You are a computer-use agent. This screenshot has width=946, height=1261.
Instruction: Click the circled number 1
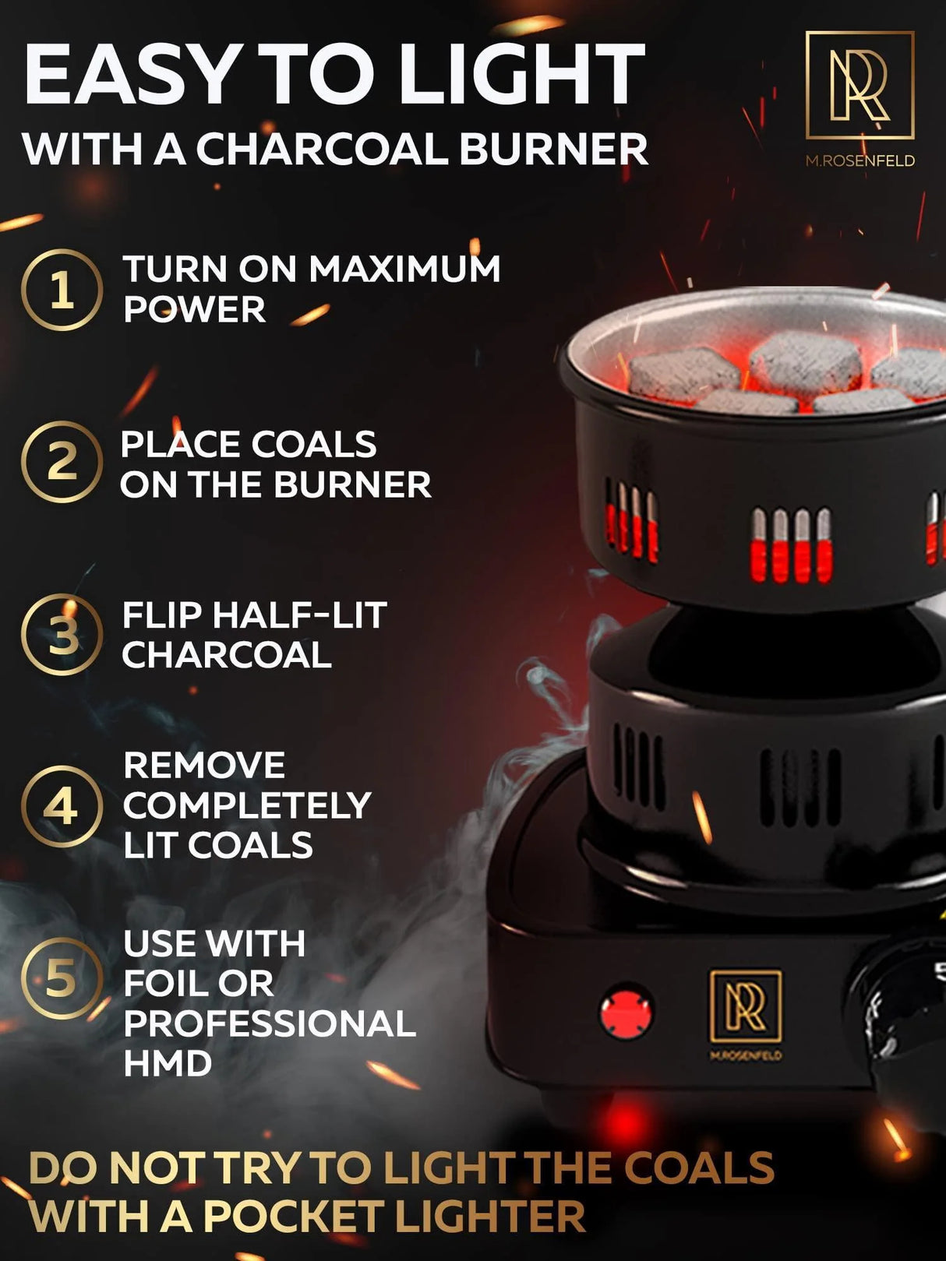pyautogui.click(x=62, y=290)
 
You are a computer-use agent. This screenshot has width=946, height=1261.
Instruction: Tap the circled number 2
pyautogui.click(x=62, y=463)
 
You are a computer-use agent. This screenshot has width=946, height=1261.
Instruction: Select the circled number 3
pyautogui.click(x=62, y=635)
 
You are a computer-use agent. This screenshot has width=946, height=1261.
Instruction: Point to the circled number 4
pyautogui.click(x=62, y=807)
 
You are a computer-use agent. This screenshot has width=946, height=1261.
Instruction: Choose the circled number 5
pyautogui.click(x=62, y=979)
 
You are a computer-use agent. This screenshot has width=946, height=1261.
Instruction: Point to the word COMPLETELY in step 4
pyautogui.click(x=246, y=805)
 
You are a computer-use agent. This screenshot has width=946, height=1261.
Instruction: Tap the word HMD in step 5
pyautogui.click(x=168, y=1063)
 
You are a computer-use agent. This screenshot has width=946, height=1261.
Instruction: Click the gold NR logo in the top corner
pyautogui.click(x=860, y=85)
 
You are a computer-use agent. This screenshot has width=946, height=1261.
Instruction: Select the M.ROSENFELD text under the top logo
pyautogui.click(x=860, y=161)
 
